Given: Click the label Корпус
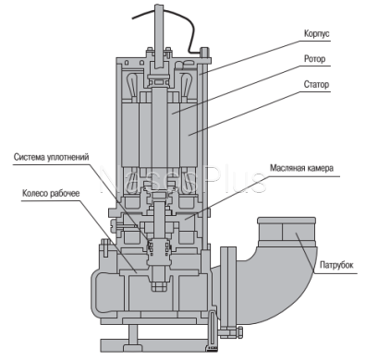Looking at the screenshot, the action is point(317,33).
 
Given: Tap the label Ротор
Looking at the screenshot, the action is point(314,58).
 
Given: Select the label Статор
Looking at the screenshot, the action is point(316,84).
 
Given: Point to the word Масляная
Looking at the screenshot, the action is point(287,168).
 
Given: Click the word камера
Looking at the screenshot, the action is point(321,168).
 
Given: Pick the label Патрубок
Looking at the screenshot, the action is point(336,265).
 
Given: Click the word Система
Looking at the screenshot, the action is point(30,157).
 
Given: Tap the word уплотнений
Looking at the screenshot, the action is point(68,157).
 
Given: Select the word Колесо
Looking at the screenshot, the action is point(35,193).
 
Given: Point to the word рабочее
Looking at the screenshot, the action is point(65,194).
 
